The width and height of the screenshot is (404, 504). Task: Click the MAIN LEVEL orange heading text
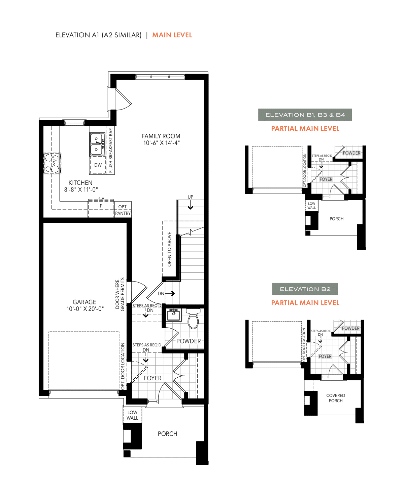point(172,35)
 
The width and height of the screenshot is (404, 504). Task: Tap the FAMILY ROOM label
point(161,136)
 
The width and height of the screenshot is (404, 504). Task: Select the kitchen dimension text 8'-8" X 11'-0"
point(81,190)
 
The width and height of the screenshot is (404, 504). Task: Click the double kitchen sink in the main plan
point(97,144)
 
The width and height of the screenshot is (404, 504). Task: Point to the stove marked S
point(52,163)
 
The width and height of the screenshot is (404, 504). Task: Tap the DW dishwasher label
point(98,165)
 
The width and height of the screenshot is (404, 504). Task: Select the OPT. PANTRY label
point(123,210)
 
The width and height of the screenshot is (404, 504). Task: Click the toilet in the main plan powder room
point(193,319)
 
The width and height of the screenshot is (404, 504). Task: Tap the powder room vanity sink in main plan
point(174,315)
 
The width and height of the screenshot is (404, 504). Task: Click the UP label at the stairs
point(190,197)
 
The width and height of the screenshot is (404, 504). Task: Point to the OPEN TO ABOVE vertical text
point(169,249)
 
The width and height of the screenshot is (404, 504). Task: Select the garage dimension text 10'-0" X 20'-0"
point(85,309)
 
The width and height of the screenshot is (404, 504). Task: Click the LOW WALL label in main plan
point(132,415)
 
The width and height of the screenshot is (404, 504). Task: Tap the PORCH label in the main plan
point(167,434)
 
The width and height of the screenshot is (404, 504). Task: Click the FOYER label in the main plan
point(153,378)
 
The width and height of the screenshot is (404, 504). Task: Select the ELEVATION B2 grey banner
point(305,289)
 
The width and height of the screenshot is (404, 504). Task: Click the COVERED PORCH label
point(336,398)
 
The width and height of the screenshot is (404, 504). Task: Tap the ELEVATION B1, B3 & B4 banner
point(305,115)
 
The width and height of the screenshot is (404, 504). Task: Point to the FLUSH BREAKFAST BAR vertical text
point(110,150)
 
